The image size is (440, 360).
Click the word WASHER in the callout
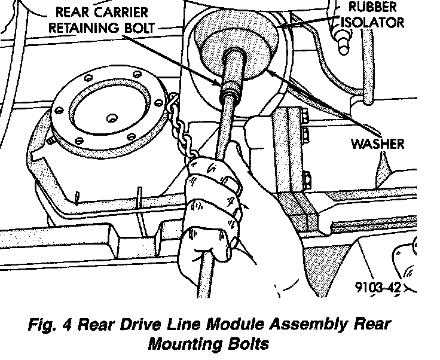click(x=377, y=144)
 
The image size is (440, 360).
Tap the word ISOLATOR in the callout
click(x=372, y=22)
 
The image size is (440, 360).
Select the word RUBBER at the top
click(x=372, y=7)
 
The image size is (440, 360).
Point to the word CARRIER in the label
click(x=121, y=13)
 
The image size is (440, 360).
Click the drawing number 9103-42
click(x=378, y=287)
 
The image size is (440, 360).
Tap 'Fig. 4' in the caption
click(x=50, y=325)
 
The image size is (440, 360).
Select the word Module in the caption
click(x=235, y=324)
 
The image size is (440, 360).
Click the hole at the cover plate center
click(x=112, y=118)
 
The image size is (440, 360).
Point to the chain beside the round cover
click(x=179, y=126)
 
